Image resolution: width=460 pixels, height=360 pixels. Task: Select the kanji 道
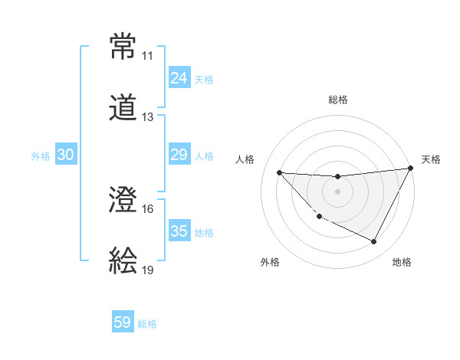[123, 106]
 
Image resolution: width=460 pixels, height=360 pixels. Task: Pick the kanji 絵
[123, 260]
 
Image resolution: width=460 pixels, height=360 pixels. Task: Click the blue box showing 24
[179, 78]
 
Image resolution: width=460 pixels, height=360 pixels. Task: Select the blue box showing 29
[179, 155]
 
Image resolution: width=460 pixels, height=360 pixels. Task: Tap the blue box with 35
[179, 231]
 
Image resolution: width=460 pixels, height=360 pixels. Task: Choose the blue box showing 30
[66, 155]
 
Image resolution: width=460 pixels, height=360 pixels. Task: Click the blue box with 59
[123, 322]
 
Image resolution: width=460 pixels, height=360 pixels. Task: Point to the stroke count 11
[147, 56]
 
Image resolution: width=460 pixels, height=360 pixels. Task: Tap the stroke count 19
[147, 270]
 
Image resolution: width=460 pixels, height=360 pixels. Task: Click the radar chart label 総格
[337, 100]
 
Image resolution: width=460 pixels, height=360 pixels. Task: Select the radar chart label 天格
[431, 159]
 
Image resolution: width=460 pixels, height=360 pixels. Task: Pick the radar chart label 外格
[270, 262]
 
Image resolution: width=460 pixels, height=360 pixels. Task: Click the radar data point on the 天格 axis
[410, 169]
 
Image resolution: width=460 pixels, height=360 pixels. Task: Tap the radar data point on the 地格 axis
[374, 242]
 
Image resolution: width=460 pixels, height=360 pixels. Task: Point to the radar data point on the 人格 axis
[280, 172]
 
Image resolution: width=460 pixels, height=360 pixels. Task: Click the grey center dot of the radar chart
[337, 191]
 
